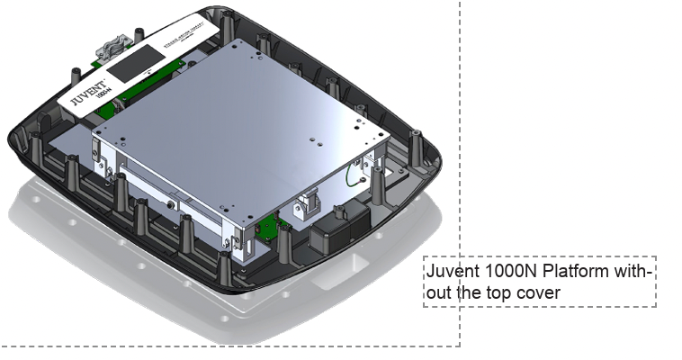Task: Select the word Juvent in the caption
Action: click(x=450, y=272)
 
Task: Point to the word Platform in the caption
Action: click(x=577, y=272)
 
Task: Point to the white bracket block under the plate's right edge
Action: click(x=311, y=204)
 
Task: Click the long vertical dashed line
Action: click(x=461, y=135)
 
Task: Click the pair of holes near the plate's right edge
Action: click(x=319, y=140)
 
